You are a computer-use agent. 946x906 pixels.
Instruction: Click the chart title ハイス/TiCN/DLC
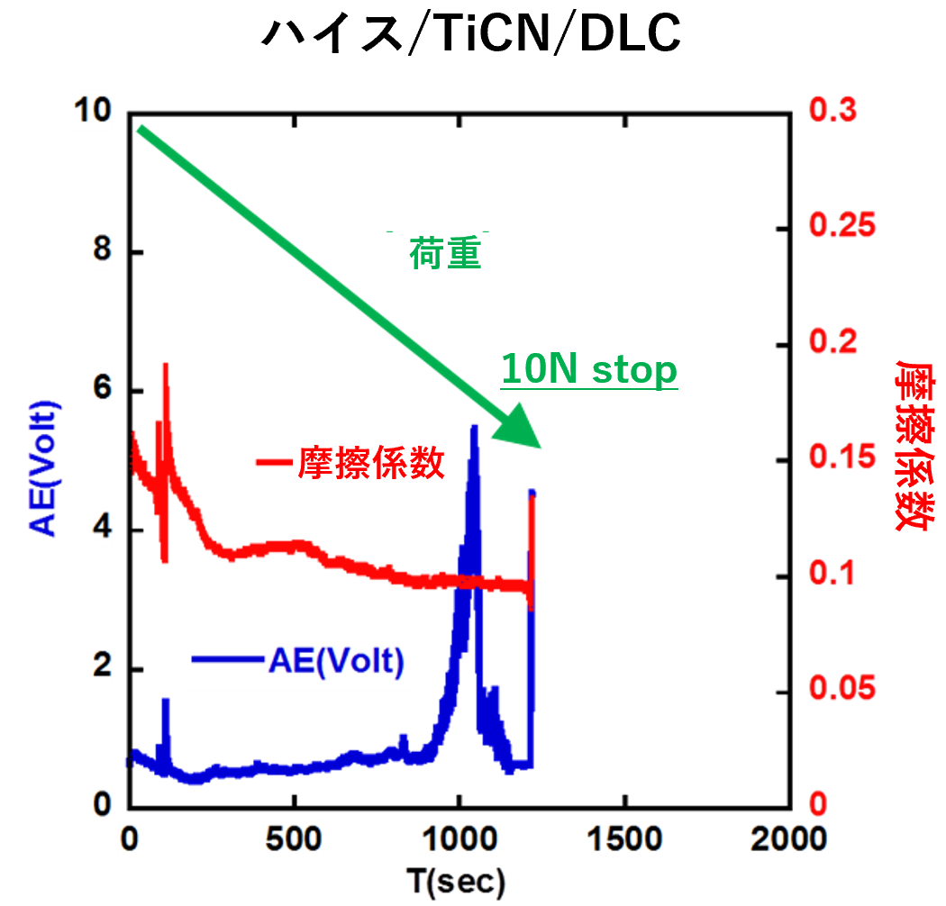pyautogui.click(x=470, y=34)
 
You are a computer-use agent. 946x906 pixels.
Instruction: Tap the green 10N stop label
pyautogui.click(x=589, y=370)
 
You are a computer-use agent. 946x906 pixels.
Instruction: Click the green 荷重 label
pyautogui.click(x=445, y=255)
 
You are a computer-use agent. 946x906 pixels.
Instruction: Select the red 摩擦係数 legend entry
pyautogui.click(x=351, y=463)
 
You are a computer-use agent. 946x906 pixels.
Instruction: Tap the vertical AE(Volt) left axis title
pyautogui.click(x=45, y=468)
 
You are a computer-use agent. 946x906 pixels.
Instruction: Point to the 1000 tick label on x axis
pyautogui.click(x=459, y=840)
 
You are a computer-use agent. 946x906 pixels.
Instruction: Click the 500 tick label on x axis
pyautogui.click(x=295, y=840)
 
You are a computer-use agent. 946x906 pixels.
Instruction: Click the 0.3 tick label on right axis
pyautogui.click(x=833, y=112)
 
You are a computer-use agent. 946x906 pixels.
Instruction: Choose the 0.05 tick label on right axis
pyautogui.click(x=841, y=690)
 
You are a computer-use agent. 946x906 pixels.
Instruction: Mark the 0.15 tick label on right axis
pyautogui.click(x=841, y=458)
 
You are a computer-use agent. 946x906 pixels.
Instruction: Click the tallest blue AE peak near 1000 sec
pyautogui.click(x=474, y=427)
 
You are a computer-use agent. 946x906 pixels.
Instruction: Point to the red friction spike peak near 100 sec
pyautogui.click(x=166, y=365)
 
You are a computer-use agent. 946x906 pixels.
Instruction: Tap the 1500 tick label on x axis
pyautogui.click(x=623, y=840)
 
